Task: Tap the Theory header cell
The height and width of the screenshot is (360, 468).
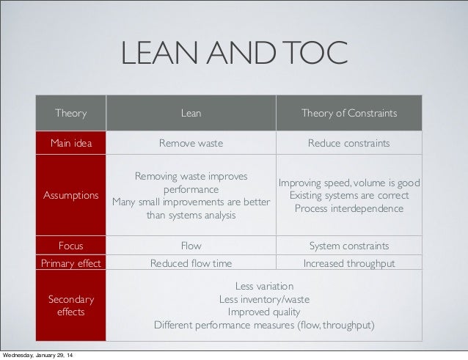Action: click(x=71, y=114)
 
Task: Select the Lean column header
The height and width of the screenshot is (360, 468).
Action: click(x=191, y=114)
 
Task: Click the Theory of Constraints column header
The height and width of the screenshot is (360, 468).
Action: click(x=349, y=114)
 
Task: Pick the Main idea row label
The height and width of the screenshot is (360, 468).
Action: click(x=71, y=143)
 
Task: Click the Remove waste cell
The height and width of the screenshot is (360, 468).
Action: click(x=191, y=143)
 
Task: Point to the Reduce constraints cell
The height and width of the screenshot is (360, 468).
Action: click(x=349, y=143)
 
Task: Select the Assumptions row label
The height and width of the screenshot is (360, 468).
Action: click(x=71, y=196)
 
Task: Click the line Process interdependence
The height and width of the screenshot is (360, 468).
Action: click(x=349, y=209)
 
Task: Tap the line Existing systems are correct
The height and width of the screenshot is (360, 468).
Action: click(x=349, y=196)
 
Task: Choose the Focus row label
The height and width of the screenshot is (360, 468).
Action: click(x=71, y=246)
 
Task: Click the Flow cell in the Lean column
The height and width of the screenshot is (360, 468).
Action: click(x=191, y=246)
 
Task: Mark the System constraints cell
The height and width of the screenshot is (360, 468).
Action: click(x=349, y=246)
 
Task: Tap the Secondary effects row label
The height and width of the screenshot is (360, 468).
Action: click(x=71, y=305)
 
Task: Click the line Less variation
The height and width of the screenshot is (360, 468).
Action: click(x=264, y=285)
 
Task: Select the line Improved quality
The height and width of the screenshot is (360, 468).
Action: click(x=264, y=312)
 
